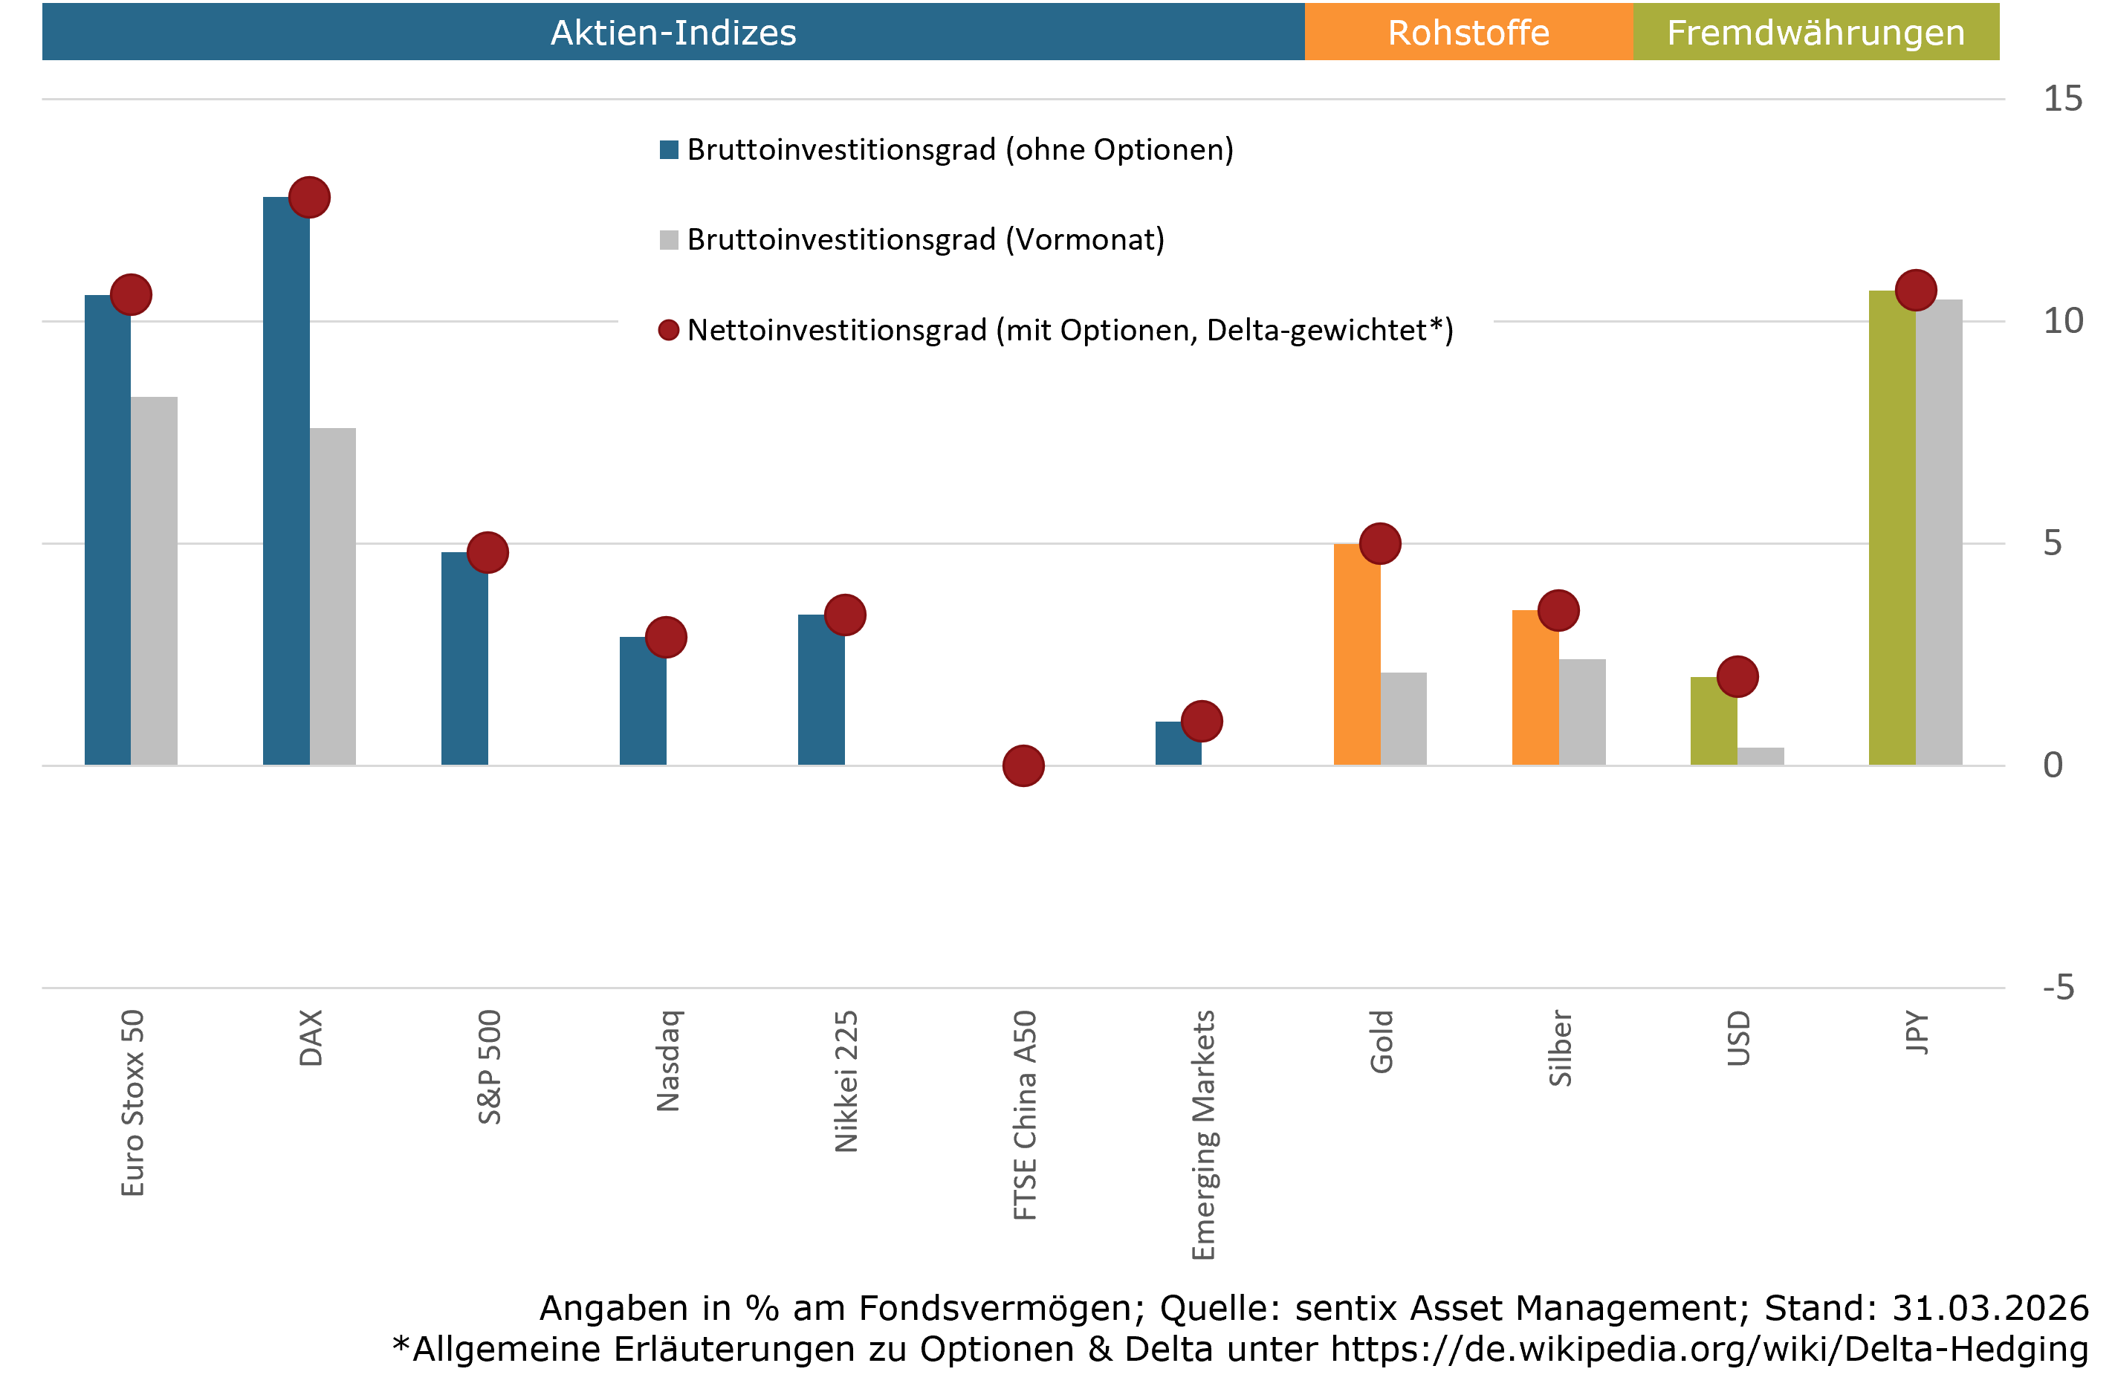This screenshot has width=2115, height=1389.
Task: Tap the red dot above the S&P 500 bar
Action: click(x=487, y=553)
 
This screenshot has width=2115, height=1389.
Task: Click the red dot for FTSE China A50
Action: click(x=1023, y=765)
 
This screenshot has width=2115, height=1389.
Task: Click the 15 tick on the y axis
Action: click(x=2061, y=99)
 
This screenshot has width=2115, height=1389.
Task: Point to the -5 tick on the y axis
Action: click(x=2058, y=988)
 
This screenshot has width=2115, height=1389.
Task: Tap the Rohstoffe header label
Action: click(x=1468, y=33)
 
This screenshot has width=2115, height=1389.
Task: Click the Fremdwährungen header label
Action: click(x=1816, y=33)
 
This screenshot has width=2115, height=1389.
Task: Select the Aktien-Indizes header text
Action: click(x=673, y=33)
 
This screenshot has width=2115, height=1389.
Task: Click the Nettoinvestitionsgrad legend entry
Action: click(x=1069, y=331)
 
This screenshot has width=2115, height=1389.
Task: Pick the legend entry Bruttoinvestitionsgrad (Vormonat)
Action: click(x=924, y=240)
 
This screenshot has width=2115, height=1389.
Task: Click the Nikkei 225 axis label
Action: click(x=846, y=1081)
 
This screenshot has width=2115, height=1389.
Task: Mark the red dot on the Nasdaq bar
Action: click(x=666, y=637)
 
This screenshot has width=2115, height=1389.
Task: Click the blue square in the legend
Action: click(x=669, y=149)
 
